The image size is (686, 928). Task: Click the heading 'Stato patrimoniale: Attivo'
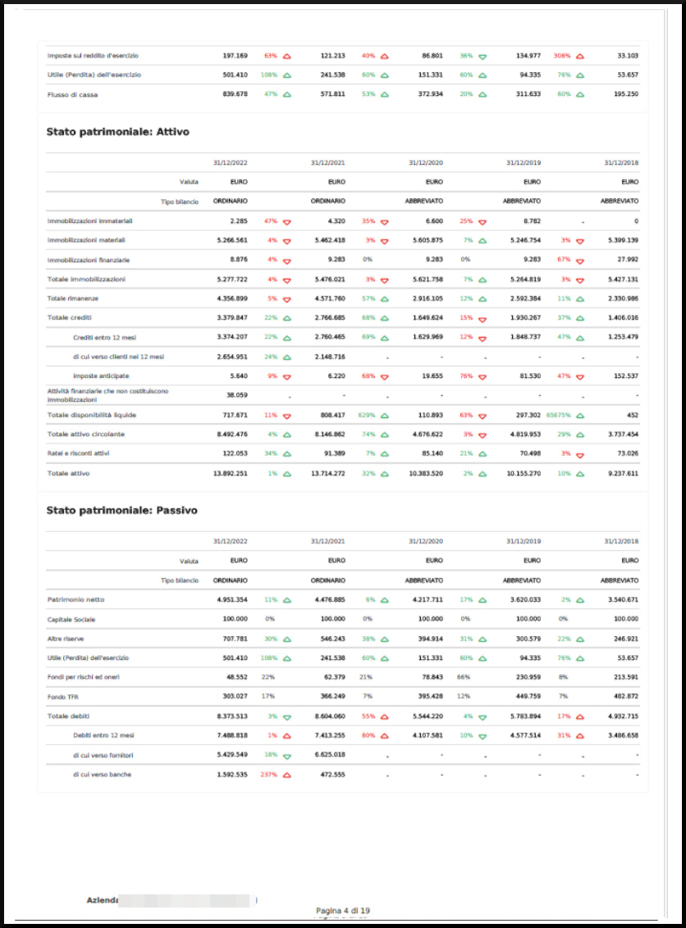118,131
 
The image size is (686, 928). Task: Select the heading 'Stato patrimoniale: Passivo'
121,511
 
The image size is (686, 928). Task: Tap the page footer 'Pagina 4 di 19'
342,911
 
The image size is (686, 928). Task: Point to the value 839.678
235,94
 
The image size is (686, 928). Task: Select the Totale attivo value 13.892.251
231,473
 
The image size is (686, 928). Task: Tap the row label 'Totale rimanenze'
74,298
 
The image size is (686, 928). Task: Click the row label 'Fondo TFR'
63,697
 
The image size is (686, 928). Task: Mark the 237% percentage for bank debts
269,775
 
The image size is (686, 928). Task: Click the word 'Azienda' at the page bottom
103,900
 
